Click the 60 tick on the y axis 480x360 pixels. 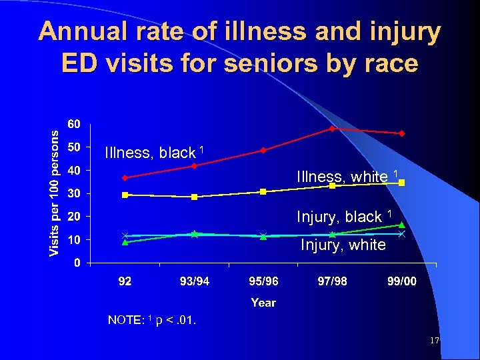74,124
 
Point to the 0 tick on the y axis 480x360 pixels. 77,263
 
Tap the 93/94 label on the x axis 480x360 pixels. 194,281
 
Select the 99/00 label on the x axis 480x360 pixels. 401,281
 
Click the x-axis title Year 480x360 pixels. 263,303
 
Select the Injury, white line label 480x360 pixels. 343,245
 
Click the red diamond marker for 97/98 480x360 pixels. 332,128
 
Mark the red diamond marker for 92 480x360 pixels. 125,177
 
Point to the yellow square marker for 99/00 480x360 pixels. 401,183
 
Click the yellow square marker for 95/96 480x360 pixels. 263,191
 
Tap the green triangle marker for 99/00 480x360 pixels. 401,225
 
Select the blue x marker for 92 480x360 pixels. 125,235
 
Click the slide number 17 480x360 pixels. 434,341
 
